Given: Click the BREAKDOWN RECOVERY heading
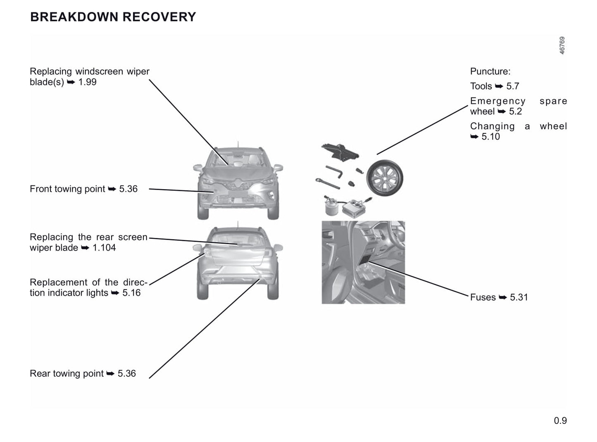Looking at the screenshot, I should (x=113, y=17).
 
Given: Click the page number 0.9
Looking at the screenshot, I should (x=560, y=421).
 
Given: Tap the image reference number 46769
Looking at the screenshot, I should (x=562, y=45).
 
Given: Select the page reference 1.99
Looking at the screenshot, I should (x=87, y=82).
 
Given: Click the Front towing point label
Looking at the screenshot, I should (x=67, y=189).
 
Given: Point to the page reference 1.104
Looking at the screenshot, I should (x=104, y=247).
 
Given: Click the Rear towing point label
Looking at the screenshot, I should (x=67, y=373).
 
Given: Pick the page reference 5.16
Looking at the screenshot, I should (x=131, y=293).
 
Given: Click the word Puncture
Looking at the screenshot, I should (x=490, y=71).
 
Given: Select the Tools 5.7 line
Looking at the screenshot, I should (x=494, y=86).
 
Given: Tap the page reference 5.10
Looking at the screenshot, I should (x=490, y=137).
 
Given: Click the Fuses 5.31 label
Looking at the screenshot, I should (x=499, y=297).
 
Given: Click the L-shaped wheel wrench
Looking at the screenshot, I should (x=334, y=171).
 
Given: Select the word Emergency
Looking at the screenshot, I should (x=497, y=101).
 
